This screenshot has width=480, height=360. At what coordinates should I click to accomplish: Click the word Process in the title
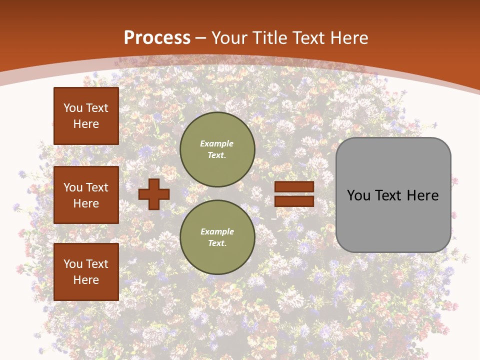(157, 38)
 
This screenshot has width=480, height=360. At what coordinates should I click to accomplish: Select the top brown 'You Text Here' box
(86, 116)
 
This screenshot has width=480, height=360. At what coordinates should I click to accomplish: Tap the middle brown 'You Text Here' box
(86, 195)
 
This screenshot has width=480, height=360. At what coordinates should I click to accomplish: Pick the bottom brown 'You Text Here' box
(86, 272)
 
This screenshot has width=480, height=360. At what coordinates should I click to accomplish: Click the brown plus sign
(154, 194)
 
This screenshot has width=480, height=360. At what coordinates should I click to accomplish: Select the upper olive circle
(217, 149)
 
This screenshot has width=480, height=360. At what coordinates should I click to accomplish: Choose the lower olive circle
(217, 237)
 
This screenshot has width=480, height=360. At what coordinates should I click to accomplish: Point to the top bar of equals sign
(294, 187)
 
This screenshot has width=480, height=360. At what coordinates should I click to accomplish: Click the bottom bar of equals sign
(294, 201)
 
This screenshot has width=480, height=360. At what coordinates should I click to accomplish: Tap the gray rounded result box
(393, 195)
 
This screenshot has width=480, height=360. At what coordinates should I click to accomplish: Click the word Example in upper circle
(217, 143)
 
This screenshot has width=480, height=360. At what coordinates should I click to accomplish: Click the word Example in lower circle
(217, 231)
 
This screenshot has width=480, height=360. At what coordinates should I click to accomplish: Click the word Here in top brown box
(86, 124)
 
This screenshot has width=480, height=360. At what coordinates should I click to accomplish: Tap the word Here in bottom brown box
(86, 280)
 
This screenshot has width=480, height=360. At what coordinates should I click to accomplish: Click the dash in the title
(201, 38)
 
